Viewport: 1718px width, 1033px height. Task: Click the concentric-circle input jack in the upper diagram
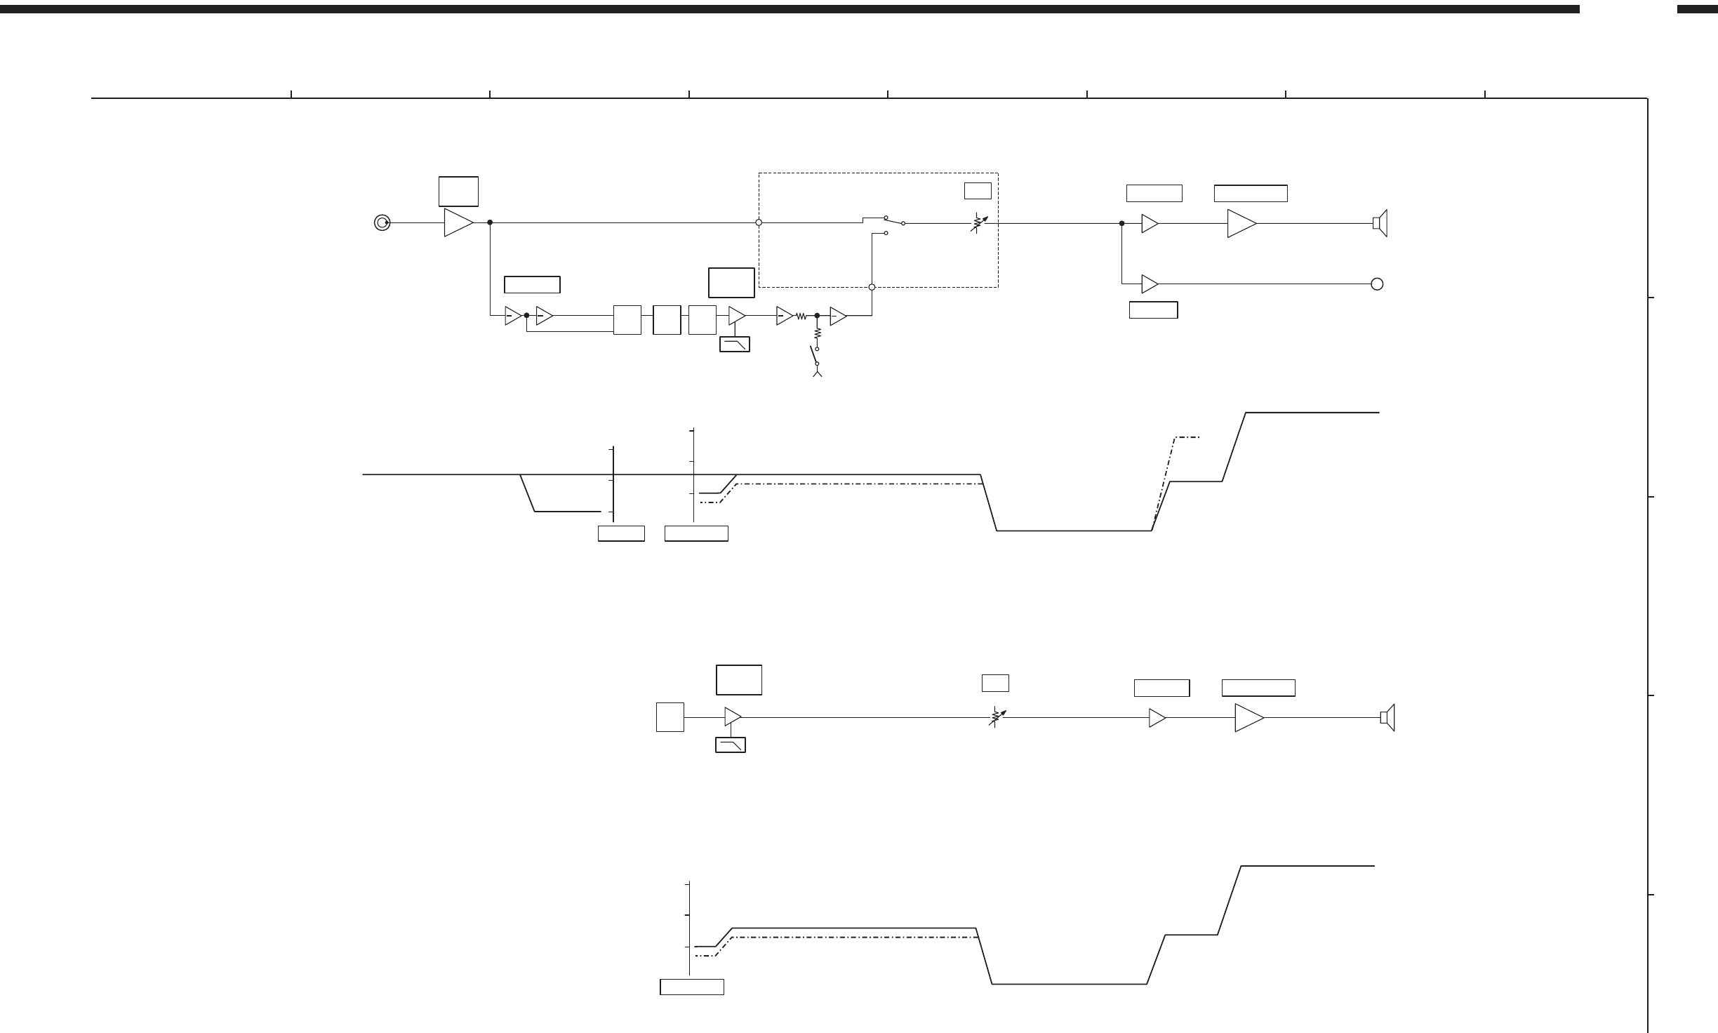point(382,223)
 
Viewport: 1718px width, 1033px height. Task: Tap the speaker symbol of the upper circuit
point(1380,224)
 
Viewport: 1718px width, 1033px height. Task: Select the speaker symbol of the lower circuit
point(1387,717)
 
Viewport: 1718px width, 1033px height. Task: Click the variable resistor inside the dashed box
point(978,223)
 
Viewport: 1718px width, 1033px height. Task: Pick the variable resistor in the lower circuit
point(996,717)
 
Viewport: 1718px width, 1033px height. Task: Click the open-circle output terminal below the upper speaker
point(1377,284)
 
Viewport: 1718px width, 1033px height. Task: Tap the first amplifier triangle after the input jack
point(458,222)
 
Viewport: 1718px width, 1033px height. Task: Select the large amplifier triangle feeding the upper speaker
point(1241,224)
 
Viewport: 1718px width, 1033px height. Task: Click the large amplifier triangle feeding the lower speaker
point(1248,718)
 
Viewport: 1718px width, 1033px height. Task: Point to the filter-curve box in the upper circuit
point(735,344)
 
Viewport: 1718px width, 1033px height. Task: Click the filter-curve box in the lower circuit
point(730,745)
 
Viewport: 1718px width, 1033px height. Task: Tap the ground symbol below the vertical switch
point(817,373)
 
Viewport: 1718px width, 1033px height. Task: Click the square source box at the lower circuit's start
point(670,717)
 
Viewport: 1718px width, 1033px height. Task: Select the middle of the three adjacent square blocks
point(666,320)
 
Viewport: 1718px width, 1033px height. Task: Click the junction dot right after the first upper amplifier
point(490,222)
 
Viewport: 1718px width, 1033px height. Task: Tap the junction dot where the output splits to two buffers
point(1121,224)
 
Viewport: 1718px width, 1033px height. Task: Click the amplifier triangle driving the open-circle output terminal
point(1150,284)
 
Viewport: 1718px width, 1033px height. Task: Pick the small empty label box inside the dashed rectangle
point(978,190)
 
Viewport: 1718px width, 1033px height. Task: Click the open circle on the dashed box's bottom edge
point(872,287)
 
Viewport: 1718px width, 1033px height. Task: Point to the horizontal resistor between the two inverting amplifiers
point(801,316)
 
